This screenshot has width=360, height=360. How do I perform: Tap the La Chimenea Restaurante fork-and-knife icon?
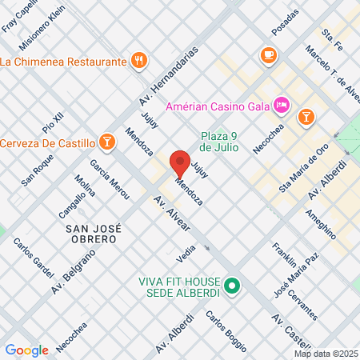tap(139, 60)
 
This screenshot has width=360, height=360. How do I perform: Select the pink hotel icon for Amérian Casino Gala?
tap(281, 104)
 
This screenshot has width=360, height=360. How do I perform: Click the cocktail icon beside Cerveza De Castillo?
tap(107, 142)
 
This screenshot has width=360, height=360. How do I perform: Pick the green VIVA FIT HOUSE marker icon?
tap(232, 285)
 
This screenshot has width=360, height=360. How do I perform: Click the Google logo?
tap(26, 350)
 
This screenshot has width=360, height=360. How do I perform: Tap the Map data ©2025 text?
tap(326, 353)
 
